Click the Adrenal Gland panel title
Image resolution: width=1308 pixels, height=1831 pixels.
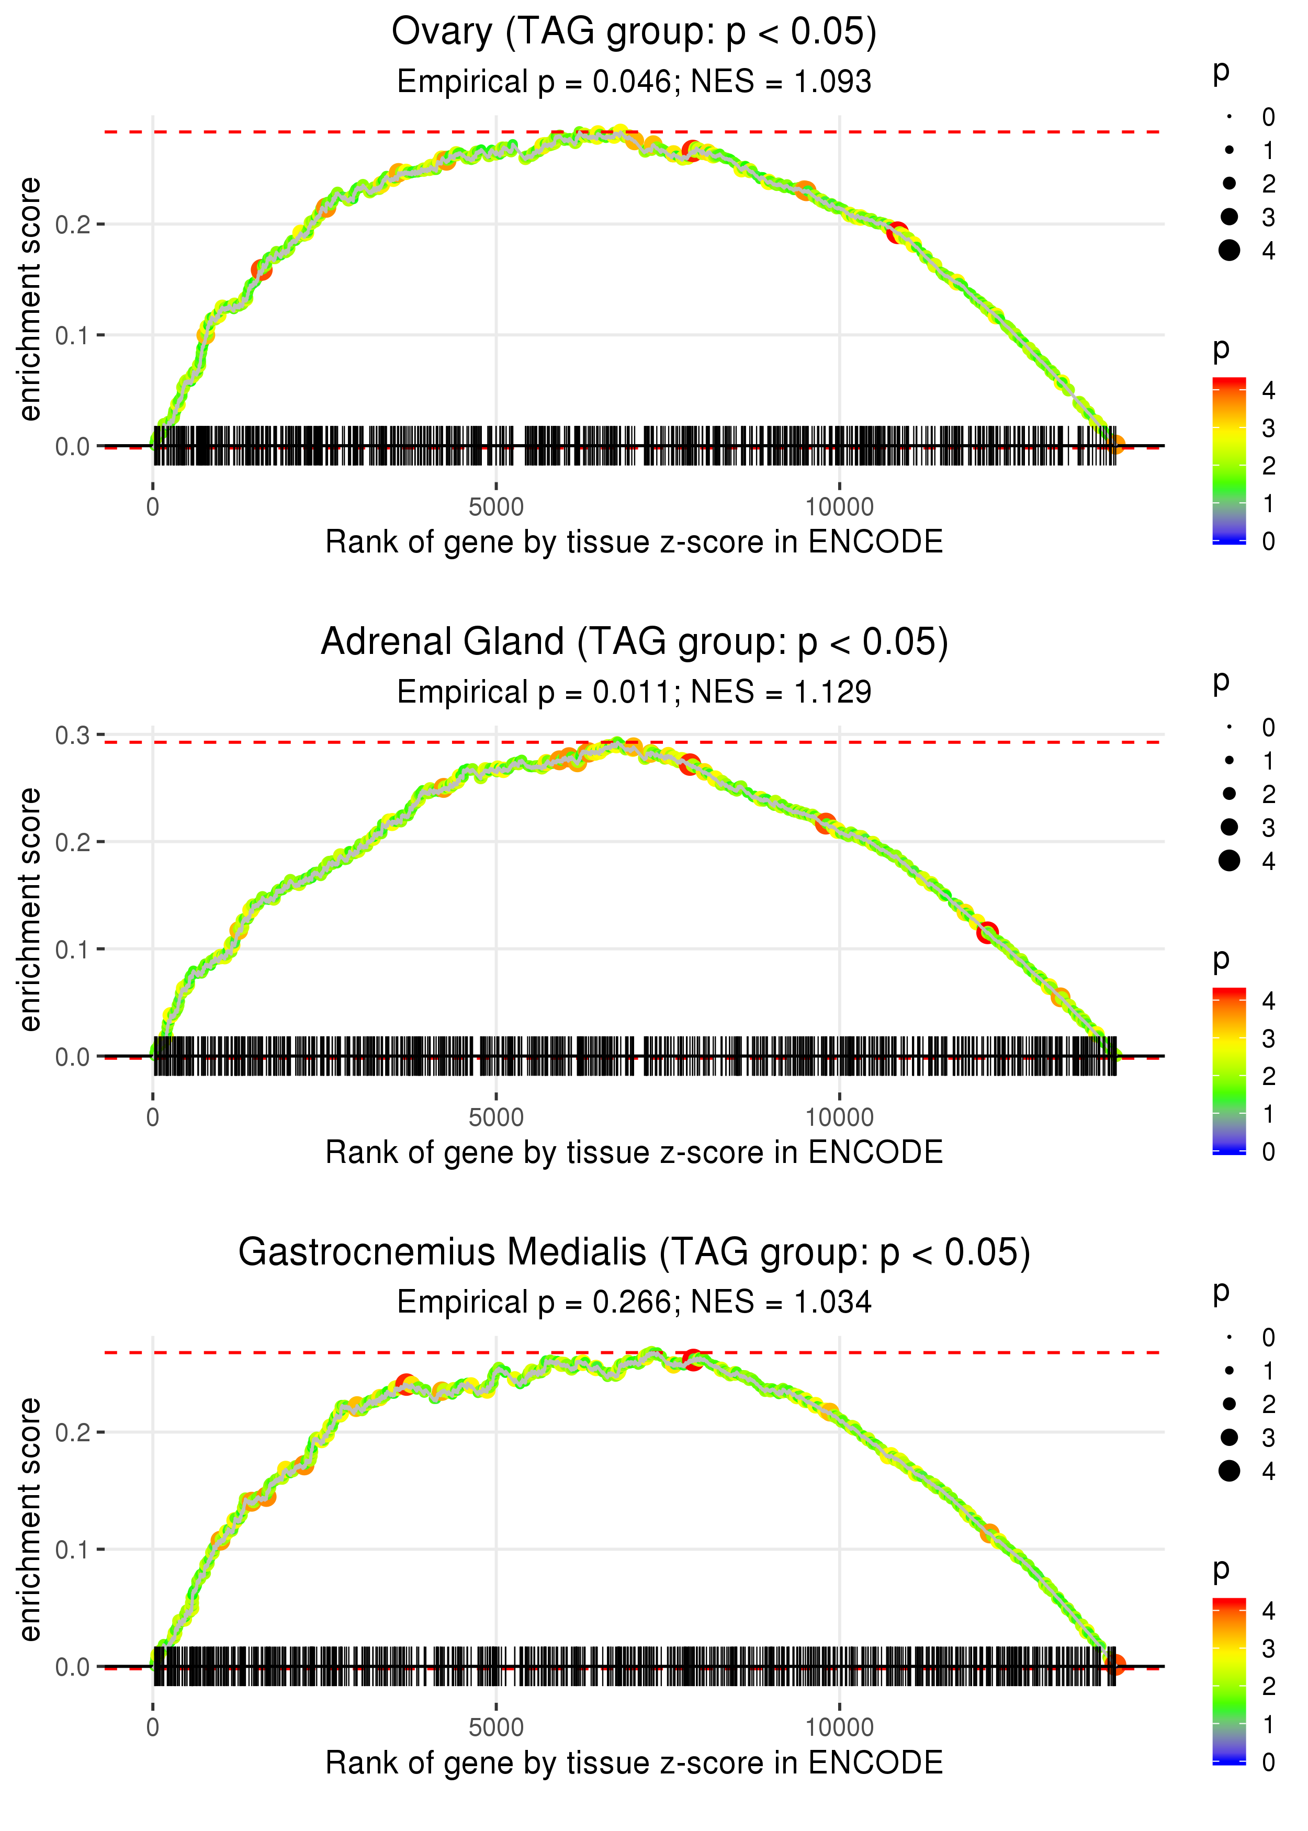[x=634, y=642]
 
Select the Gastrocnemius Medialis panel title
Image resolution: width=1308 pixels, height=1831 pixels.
[x=634, y=1252]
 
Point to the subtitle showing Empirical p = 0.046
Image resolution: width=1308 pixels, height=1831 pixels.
[x=634, y=82]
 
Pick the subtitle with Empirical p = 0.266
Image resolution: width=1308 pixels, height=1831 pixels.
[x=634, y=1302]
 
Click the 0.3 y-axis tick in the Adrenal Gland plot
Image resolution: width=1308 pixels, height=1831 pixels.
[x=73, y=735]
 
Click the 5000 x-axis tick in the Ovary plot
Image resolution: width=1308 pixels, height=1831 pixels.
[x=496, y=507]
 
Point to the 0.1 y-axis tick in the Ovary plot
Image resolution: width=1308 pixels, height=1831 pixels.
[x=73, y=335]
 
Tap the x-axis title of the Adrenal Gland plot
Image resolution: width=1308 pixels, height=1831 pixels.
[x=634, y=1152]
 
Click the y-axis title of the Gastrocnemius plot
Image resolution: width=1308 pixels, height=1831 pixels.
[x=30, y=1519]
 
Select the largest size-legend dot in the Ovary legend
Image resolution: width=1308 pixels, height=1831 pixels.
[x=1229, y=251]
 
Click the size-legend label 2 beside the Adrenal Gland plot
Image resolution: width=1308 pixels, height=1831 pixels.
[x=1269, y=795]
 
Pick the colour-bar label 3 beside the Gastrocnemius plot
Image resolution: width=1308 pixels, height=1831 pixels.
[x=1269, y=1648]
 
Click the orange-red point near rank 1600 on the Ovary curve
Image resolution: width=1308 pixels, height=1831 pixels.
[x=261, y=270]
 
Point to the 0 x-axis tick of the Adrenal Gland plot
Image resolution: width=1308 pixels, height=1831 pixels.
[x=153, y=1117]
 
